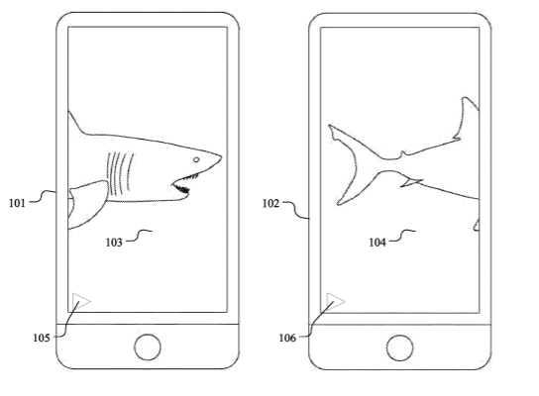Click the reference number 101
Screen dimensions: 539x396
17,203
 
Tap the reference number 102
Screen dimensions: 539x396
270,203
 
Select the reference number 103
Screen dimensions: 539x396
114,243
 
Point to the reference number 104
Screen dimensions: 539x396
377,243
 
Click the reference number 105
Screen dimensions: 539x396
42,338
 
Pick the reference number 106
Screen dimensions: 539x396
287,338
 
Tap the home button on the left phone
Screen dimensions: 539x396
148,346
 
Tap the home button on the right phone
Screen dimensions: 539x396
399,347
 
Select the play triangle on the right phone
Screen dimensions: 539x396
334,302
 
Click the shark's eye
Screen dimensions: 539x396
196,159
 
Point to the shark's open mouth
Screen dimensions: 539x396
182,185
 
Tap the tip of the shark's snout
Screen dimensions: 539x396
221,157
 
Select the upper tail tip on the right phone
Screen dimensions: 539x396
330,126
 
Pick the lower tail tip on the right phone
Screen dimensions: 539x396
339,204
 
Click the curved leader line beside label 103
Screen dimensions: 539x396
138,236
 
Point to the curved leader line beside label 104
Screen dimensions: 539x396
402,236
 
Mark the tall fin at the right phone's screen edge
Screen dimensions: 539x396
467,119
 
